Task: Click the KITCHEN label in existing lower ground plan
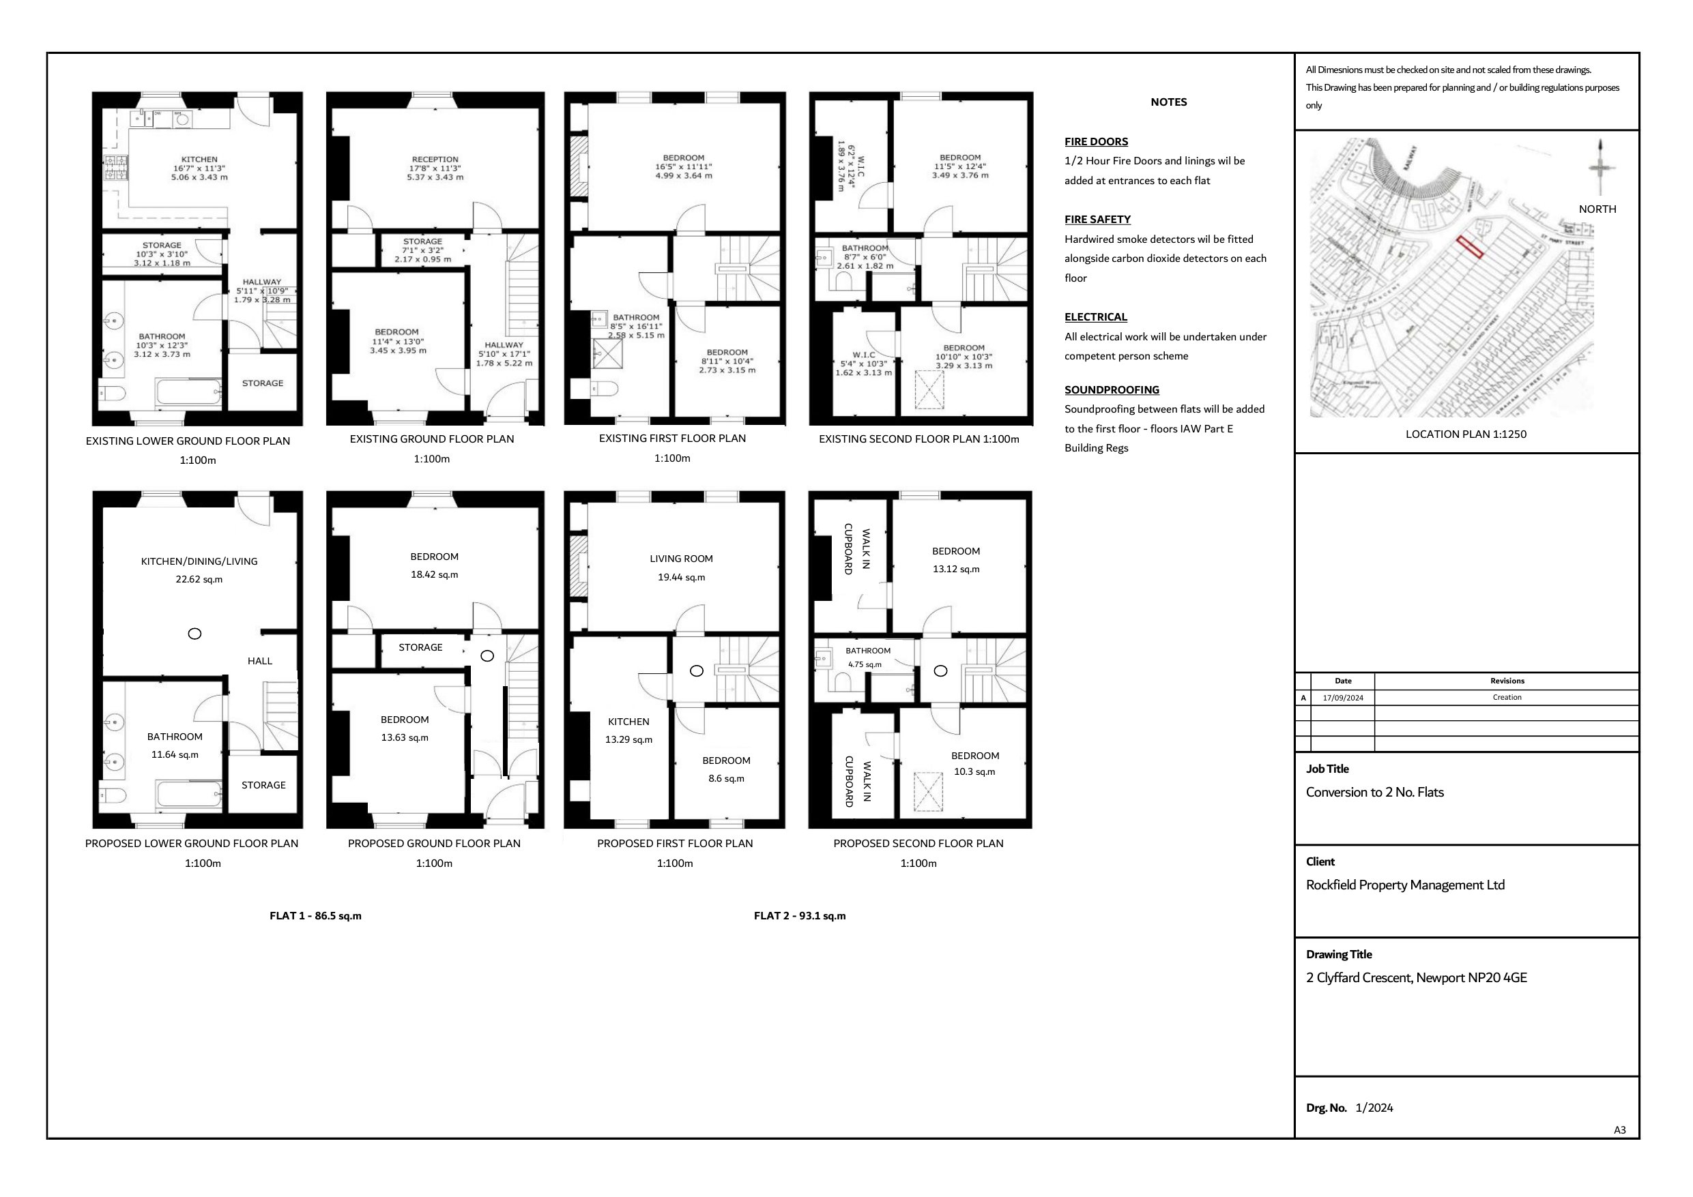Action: pyautogui.click(x=199, y=159)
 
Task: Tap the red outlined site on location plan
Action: pyautogui.click(x=1470, y=247)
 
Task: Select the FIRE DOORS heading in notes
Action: pyautogui.click(x=1096, y=141)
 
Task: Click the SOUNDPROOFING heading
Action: pyautogui.click(x=1111, y=390)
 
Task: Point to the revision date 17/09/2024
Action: pyautogui.click(x=1343, y=697)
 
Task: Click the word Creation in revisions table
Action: pyautogui.click(x=1507, y=697)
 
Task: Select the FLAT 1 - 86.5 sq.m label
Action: pyautogui.click(x=315, y=915)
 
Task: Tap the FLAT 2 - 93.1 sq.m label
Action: pyautogui.click(x=799, y=915)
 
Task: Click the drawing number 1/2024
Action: pyautogui.click(x=1374, y=1108)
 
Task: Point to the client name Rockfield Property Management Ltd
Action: pyautogui.click(x=1404, y=885)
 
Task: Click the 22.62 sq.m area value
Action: pyautogui.click(x=199, y=579)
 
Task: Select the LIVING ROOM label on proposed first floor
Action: pyautogui.click(x=680, y=559)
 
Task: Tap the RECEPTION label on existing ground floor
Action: pyautogui.click(x=435, y=159)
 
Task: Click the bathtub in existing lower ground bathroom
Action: pyautogui.click(x=189, y=391)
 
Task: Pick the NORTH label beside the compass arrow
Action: pyautogui.click(x=1597, y=209)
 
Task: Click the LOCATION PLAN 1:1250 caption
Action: pyautogui.click(x=1465, y=434)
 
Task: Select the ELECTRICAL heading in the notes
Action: pyautogui.click(x=1095, y=317)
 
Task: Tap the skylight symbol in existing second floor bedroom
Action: pyautogui.click(x=929, y=390)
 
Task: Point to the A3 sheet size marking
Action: pyautogui.click(x=1619, y=1130)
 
